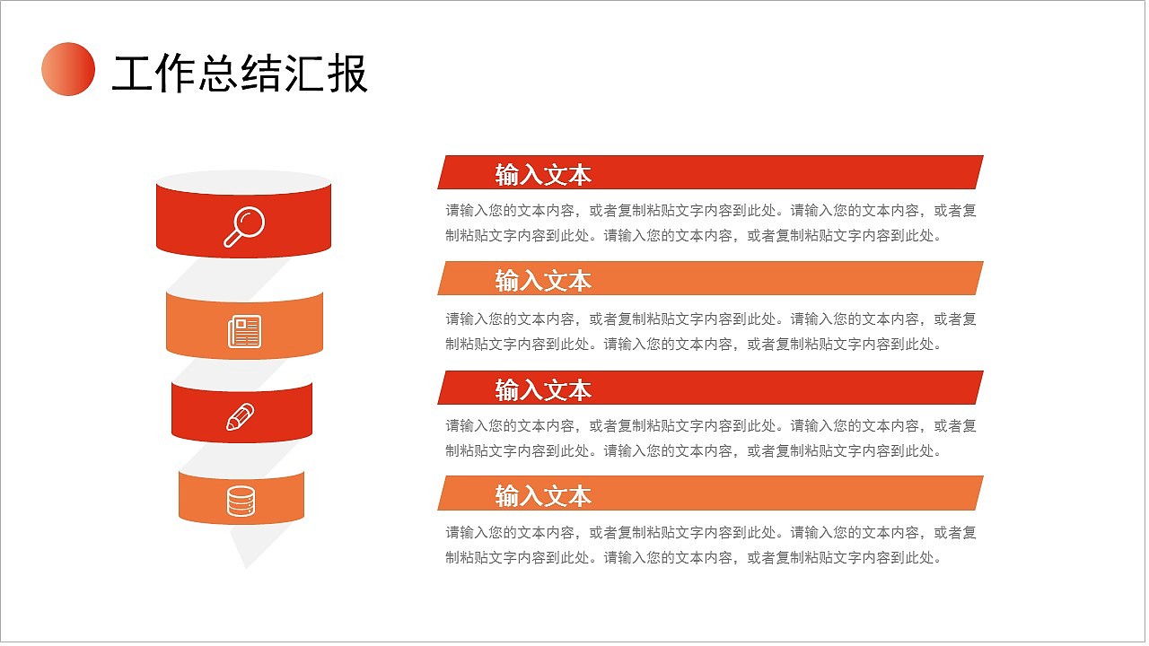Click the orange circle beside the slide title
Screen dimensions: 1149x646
(68, 69)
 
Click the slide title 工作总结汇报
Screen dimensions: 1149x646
(240, 74)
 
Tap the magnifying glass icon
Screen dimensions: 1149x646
(243, 226)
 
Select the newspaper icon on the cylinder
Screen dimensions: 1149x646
(244, 331)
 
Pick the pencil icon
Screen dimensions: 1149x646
(241, 417)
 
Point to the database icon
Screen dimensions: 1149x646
(241, 502)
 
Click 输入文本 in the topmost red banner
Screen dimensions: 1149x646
(543, 175)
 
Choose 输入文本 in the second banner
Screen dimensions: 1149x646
(543, 281)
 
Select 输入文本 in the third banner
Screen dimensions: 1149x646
(543, 390)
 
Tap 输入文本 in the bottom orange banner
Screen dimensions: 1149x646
(543, 496)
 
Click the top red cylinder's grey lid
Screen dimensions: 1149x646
(244, 180)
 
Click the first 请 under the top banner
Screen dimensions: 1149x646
(453, 211)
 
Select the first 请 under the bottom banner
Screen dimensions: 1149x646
(453, 532)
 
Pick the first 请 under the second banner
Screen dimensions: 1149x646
(453, 319)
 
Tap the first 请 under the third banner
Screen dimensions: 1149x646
(453, 426)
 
